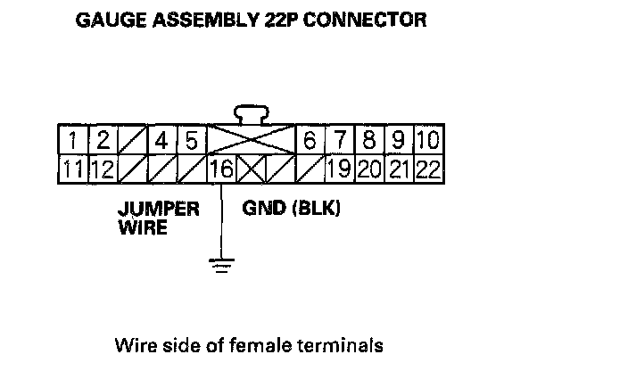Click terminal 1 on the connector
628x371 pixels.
click(x=74, y=141)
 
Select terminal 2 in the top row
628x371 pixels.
click(x=103, y=141)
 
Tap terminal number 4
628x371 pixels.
click(x=161, y=141)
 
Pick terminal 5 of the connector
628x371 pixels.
click(x=191, y=141)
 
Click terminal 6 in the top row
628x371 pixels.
click(x=310, y=141)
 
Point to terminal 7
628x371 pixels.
click(x=339, y=141)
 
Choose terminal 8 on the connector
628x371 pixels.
click(x=368, y=141)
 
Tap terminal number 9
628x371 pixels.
click(x=398, y=141)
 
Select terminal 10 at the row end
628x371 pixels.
click(x=427, y=141)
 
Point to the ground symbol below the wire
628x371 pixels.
click(x=219, y=263)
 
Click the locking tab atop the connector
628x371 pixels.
click(x=251, y=114)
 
